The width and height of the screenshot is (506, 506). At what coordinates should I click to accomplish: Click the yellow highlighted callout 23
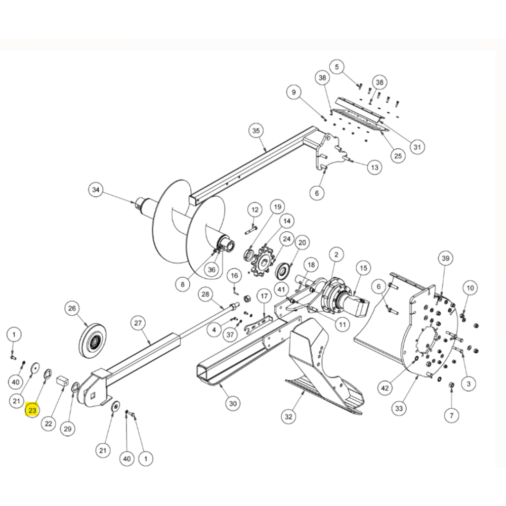point(32,410)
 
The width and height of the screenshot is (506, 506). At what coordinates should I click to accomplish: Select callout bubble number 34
point(96,190)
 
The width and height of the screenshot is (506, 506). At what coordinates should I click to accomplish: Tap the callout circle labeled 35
point(256,131)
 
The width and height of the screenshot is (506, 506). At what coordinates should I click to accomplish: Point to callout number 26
point(72,308)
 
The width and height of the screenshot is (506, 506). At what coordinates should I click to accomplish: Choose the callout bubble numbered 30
point(233,403)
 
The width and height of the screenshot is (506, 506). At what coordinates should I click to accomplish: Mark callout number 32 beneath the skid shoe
point(288,416)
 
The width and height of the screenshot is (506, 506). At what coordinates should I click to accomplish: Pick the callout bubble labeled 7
point(451,415)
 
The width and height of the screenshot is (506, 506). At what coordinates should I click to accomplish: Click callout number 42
point(386,388)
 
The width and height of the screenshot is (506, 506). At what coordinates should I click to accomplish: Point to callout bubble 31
point(416,147)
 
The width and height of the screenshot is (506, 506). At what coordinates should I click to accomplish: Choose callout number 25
point(398,156)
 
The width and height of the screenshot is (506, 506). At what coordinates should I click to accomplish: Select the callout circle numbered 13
point(374,167)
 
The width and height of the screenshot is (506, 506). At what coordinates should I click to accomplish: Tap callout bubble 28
point(205,294)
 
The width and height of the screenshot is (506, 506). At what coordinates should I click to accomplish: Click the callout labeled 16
point(234,276)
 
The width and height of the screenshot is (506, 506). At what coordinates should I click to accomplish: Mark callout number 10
point(470,288)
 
